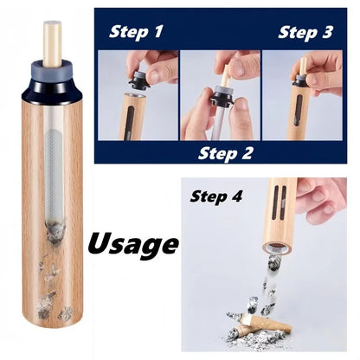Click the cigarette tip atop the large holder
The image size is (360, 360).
pyautogui.click(x=54, y=43)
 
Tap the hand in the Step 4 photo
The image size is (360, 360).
pyautogui.click(x=324, y=199)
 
